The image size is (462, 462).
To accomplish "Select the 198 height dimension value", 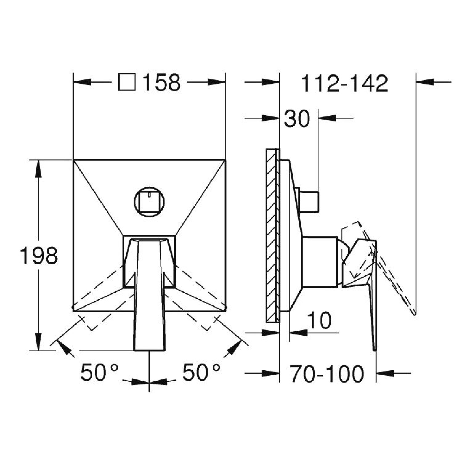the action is tap(39, 255).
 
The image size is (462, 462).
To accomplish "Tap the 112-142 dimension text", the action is tap(344, 83).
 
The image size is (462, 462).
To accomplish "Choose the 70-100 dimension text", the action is tap(327, 374).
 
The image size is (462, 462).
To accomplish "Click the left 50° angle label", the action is tap(99, 372).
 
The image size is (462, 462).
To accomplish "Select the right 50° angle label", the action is tap(201, 372).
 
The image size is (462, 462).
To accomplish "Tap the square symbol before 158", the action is tap(127, 82).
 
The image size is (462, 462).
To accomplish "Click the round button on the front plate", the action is tap(149, 201).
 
